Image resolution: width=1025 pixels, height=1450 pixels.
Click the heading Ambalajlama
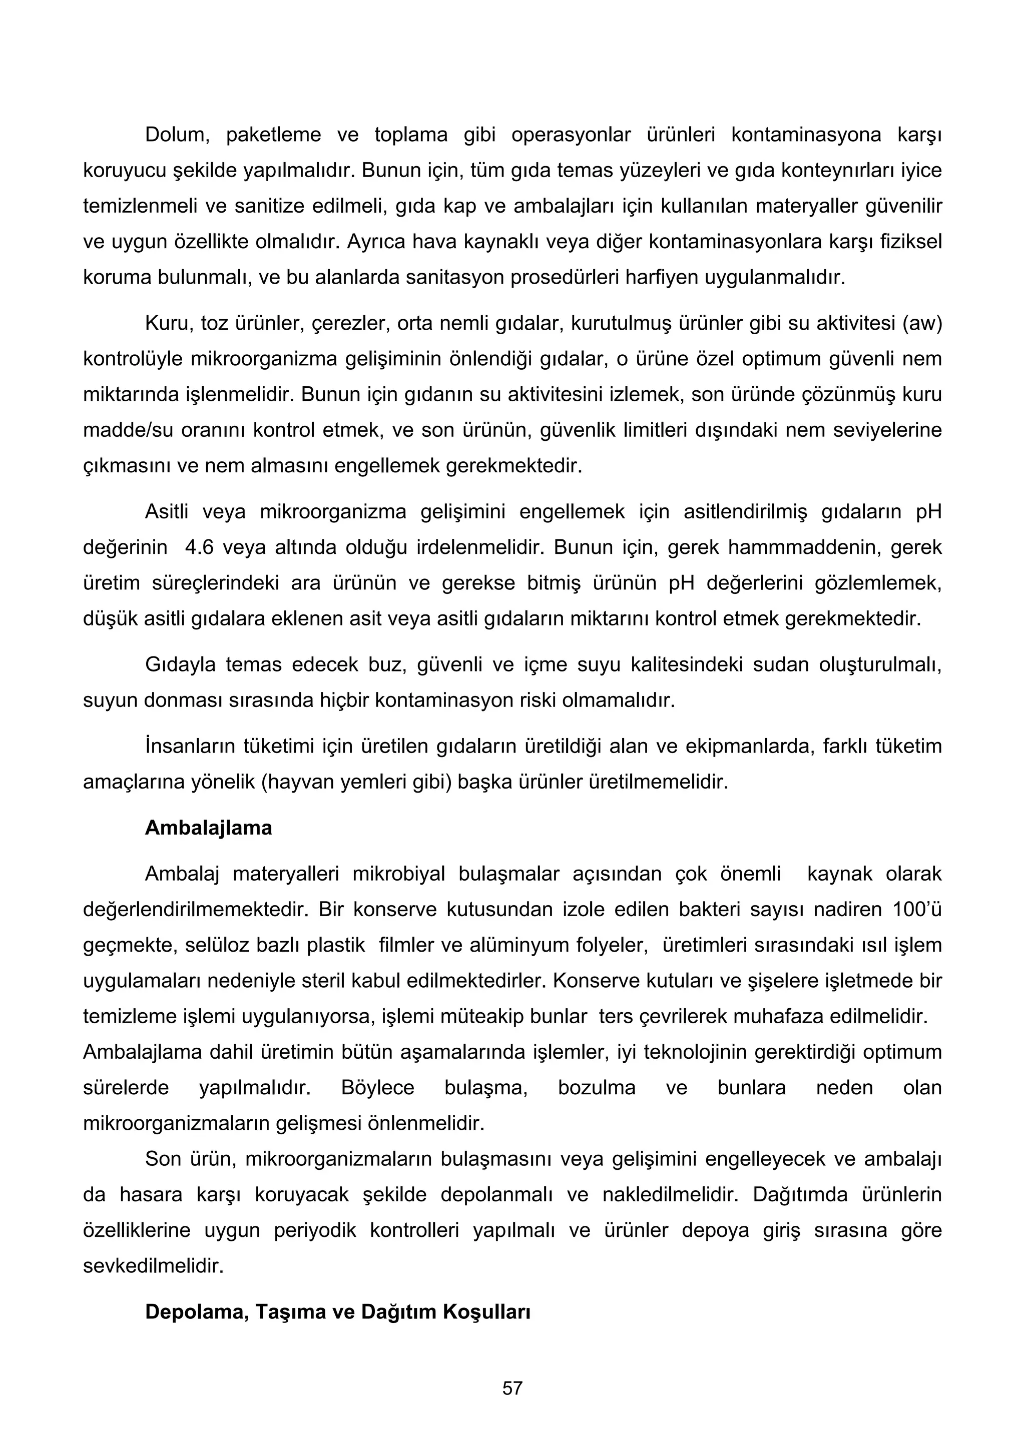[x=208, y=828]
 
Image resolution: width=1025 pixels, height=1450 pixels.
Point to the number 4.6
[x=200, y=547]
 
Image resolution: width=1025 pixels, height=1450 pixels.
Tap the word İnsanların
[x=190, y=747]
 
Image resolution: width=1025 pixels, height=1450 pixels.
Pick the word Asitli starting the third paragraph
[x=167, y=511]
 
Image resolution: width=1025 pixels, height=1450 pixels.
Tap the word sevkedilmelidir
[x=154, y=1265]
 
